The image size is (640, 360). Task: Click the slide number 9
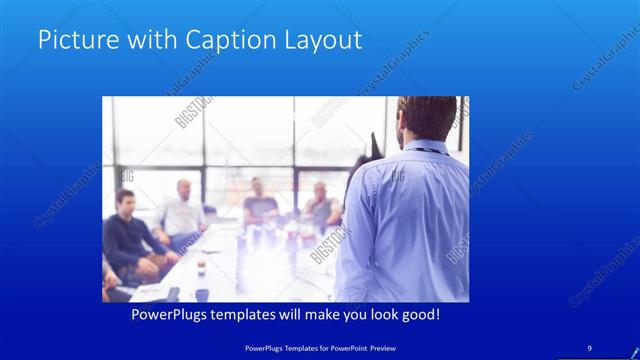(589, 347)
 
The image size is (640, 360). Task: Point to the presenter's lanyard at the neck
(425, 150)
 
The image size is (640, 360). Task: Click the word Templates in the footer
(296, 347)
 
